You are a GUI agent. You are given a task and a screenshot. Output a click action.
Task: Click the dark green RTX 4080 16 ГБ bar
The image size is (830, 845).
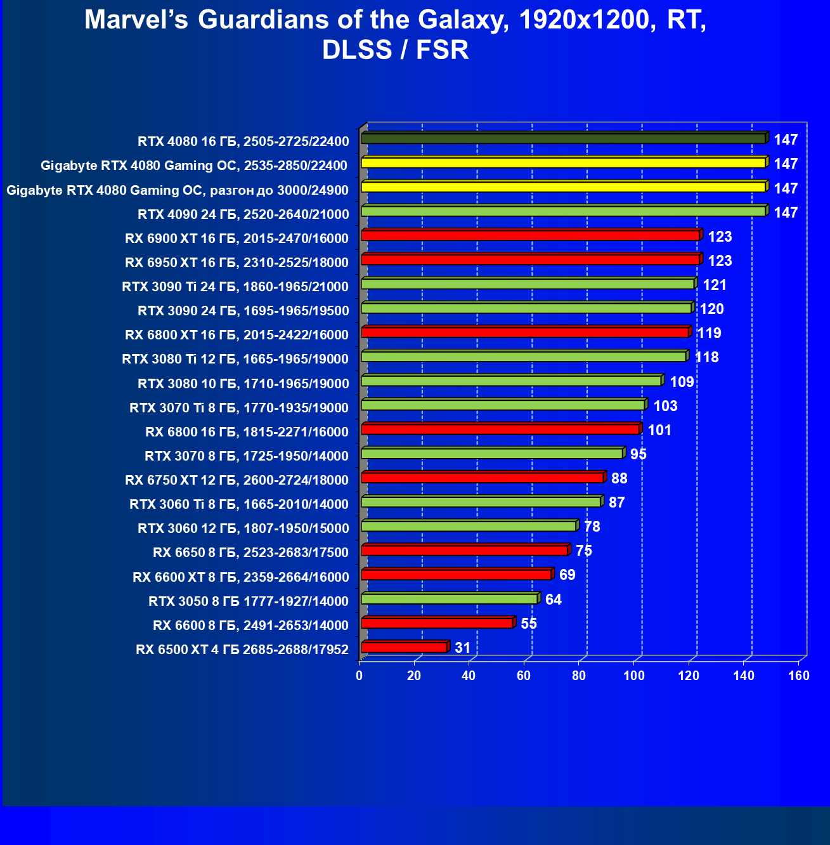click(x=563, y=138)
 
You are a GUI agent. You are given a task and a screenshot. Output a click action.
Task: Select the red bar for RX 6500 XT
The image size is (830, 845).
click(x=405, y=647)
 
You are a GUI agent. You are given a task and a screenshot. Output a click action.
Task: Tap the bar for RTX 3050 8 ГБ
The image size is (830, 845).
click(x=450, y=599)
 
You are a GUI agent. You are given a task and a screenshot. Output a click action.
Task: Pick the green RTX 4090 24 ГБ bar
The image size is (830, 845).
click(x=563, y=211)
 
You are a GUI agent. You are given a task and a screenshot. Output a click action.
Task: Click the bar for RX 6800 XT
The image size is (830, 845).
click(x=525, y=332)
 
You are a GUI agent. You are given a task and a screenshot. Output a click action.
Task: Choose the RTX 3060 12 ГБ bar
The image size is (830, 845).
click(x=469, y=526)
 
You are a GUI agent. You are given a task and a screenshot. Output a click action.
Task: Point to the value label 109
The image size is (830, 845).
click(x=682, y=382)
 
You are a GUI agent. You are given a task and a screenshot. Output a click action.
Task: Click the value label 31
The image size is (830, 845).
click(x=463, y=648)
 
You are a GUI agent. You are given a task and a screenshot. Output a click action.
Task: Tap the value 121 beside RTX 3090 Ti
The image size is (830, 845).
click(x=715, y=285)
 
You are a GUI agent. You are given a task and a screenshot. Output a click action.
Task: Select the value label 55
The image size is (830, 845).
click(x=529, y=624)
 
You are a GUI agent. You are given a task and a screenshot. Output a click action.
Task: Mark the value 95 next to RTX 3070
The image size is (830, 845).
click(x=639, y=454)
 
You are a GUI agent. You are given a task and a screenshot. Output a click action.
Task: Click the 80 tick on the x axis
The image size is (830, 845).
click(x=579, y=676)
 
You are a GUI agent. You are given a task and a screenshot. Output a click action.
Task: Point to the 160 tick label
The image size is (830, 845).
click(x=799, y=676)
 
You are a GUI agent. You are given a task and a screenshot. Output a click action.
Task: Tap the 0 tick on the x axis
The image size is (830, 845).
click(x=360, y=676)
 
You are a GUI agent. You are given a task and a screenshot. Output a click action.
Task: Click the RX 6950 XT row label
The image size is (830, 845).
click(x=237, y=263)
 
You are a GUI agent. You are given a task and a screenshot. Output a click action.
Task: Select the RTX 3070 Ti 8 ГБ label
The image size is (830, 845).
click(x=239, y=408)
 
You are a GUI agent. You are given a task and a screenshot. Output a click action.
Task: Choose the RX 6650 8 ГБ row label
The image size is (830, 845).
click(x=250, y=553)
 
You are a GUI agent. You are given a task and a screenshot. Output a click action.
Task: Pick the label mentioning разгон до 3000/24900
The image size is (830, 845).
click(x=178, y=190)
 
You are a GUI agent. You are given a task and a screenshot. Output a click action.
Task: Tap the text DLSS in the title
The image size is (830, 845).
click(x=357, y=50)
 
